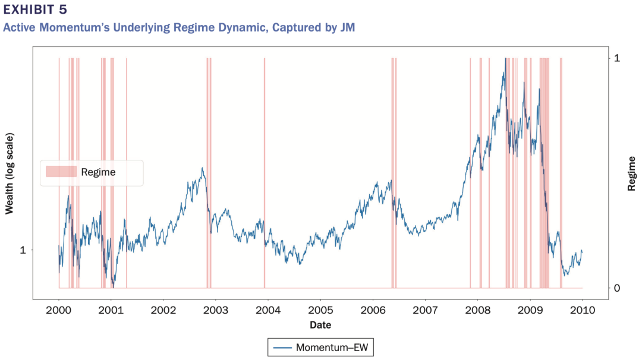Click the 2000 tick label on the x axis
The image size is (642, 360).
point(59,310)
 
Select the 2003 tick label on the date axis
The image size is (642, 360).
point(216,310)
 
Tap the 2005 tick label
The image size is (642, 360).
point(320,310)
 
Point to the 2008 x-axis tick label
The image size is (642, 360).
point(477,310)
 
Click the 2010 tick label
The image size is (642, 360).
point(582,310)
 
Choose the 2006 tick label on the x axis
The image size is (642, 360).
point(373,310)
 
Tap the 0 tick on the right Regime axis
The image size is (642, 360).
point(617,288)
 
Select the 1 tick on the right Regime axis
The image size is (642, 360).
point(617,58)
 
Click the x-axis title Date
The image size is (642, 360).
point(320,325)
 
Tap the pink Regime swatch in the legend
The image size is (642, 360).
point(61,172)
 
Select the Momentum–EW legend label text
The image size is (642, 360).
point(332,347)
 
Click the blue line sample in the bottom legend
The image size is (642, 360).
point(281,347)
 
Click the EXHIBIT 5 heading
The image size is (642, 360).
point(36,11)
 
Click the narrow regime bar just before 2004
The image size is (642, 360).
point(264,172)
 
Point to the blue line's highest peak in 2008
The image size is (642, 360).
point(505,59)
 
